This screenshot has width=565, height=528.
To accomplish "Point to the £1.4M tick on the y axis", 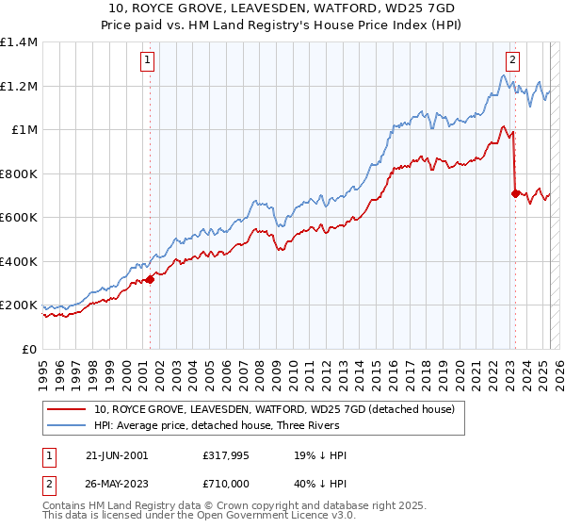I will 19,42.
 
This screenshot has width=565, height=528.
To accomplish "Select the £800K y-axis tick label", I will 19,173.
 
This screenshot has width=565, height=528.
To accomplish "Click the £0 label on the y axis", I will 29,349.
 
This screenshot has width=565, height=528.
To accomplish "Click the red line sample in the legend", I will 66,409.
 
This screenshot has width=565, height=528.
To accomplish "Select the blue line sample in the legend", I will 66,426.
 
